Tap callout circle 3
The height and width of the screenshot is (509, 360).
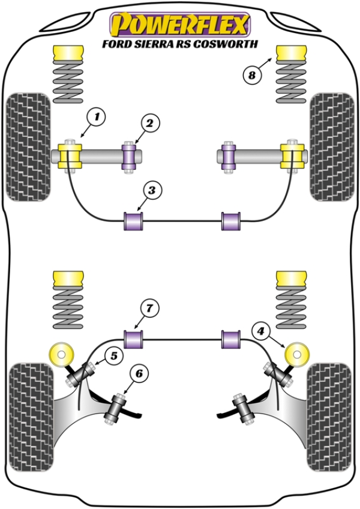pos(152,191)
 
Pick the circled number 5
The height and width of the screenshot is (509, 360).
pos(112,356)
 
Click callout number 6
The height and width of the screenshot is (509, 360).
pos(139,374)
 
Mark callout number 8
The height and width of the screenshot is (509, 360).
pos(252,76)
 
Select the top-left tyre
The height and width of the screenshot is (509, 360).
pos(28,146)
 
